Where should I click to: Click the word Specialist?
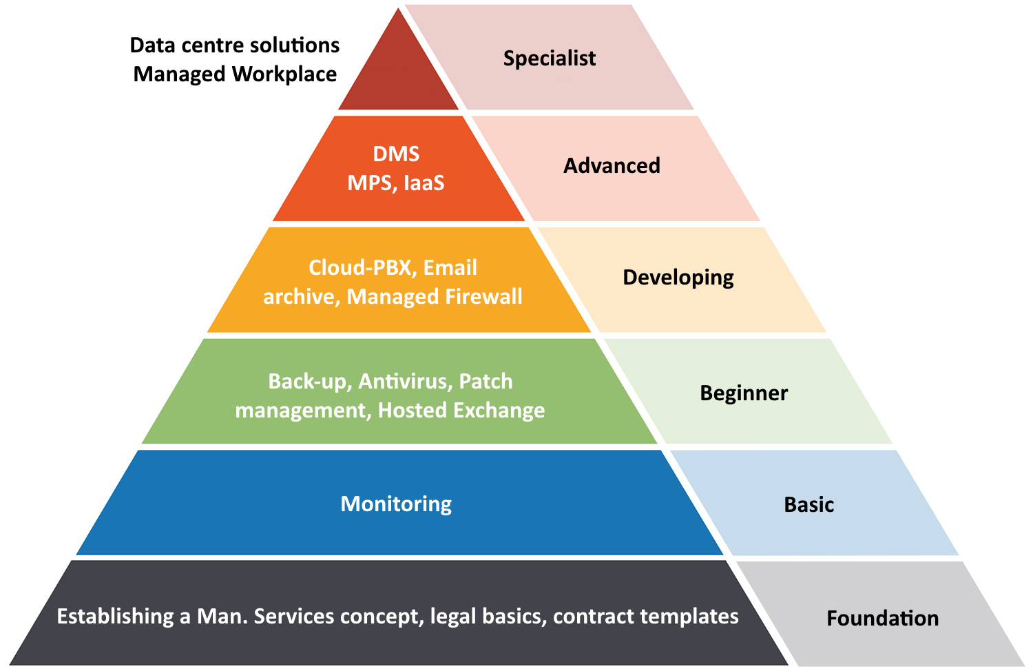pyautogui.click(x=550, y=59)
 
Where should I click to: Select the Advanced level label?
pyautogui.click(x=612, y=165)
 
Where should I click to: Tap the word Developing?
pyautogui.click(x=678, y=278)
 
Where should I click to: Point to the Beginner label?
pyautogui.click(x=744, y=393)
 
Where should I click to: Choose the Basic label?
pyautogui.click(x=809, y=504)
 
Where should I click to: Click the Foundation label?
pyautogui.click(x=883, y=618)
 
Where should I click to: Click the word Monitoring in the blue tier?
pyautogui.click(x=396, y=504)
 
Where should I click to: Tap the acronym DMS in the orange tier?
pyautogui.click(x=396, y=154)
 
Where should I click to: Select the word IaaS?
pyautogui.click(x=424, y=183)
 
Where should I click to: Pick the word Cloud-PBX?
pyautogui.click(x=360, y=267)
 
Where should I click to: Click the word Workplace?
pyautogui.click(x=284, y=74)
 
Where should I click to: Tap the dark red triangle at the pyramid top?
pyautogui.click(x=399, y=74)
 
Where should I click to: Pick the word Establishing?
pyautogui.click(x=115, y=617)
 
